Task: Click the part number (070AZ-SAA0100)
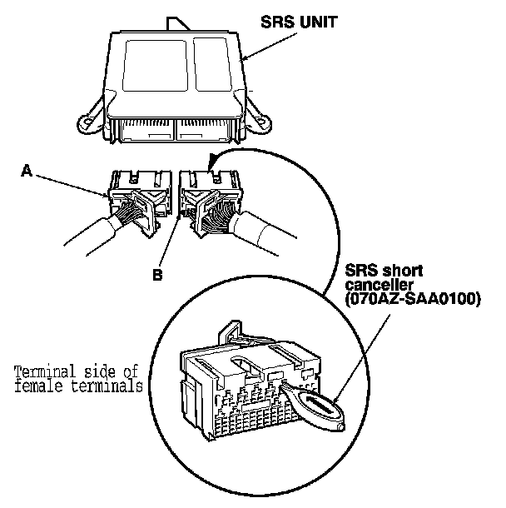(x=413, y=299)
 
